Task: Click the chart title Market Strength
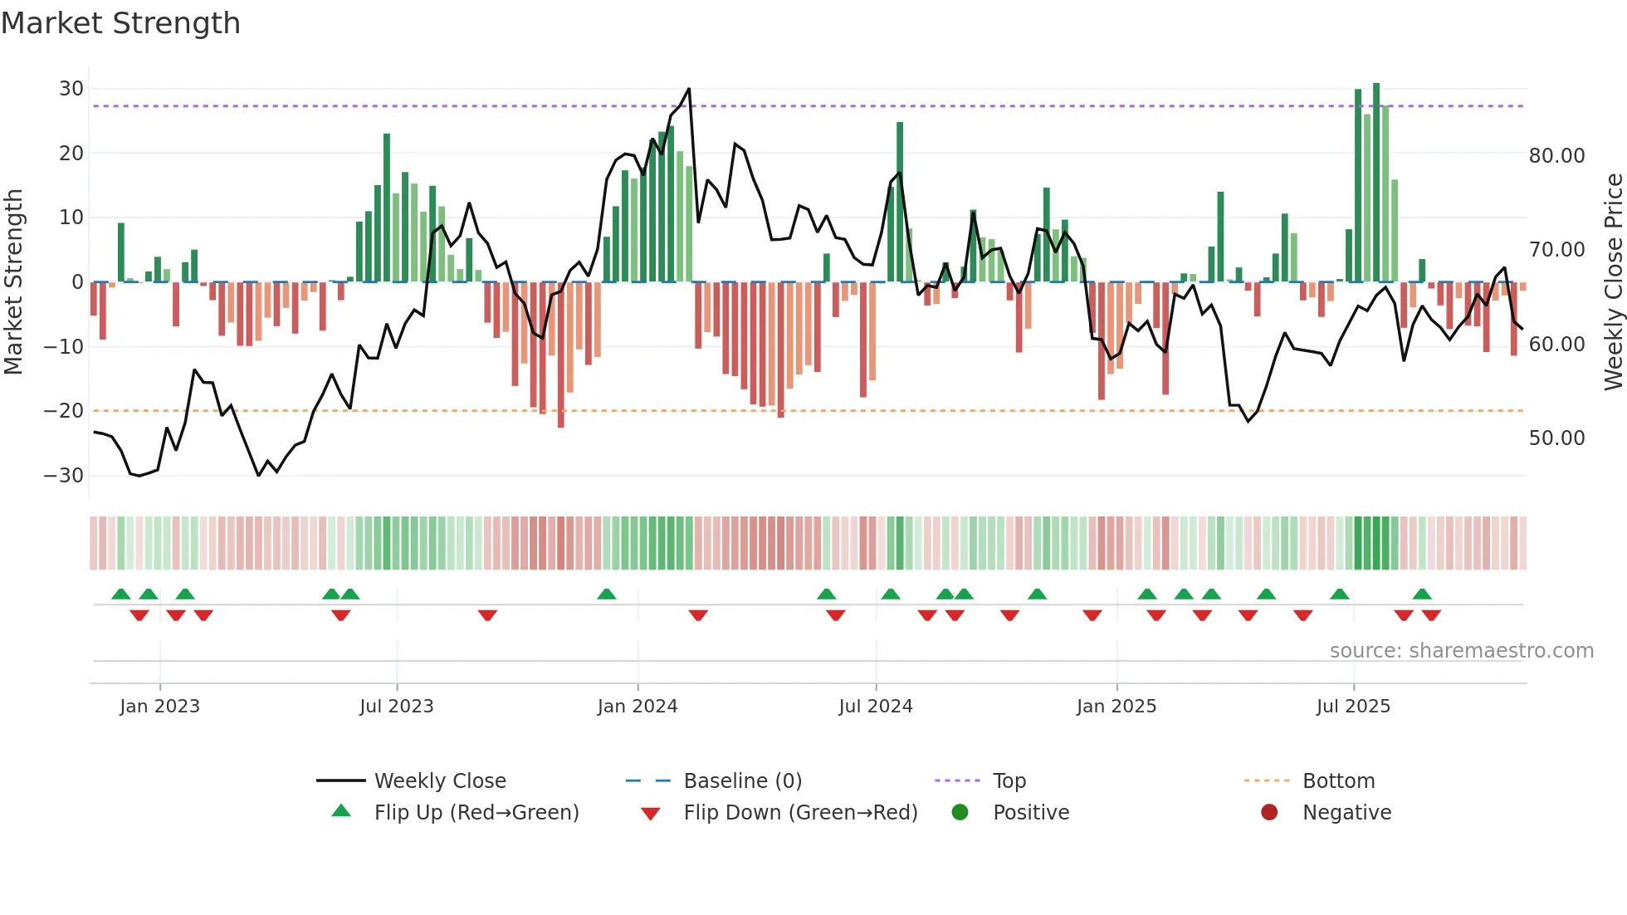tap(120, 23)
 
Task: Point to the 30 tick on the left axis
tap(71, 89)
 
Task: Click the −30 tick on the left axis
tap(64, 476)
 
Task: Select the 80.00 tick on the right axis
tap(1556, 156)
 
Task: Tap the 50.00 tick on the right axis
tap(1556, 438)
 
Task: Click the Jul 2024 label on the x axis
tap(876, 707)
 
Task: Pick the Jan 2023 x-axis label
tap(159, 707)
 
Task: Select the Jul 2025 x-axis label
tap(1353, 707)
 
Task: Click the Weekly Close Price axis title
tap(1613, 282)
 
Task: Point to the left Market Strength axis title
tap(13, 282)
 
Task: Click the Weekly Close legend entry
tap(440, 781)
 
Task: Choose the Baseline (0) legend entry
tap(742, 781)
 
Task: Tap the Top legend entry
tap(1009, 781)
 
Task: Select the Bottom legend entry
tap(1338, 781)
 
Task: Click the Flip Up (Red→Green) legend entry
tap(476, 813)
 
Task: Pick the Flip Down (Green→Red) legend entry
tap(800, 813)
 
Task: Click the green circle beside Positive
tap(960, 813)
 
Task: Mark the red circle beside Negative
tap(1269, 813)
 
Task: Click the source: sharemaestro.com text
tap(1461, 651)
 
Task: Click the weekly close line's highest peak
tap(689, 89)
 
